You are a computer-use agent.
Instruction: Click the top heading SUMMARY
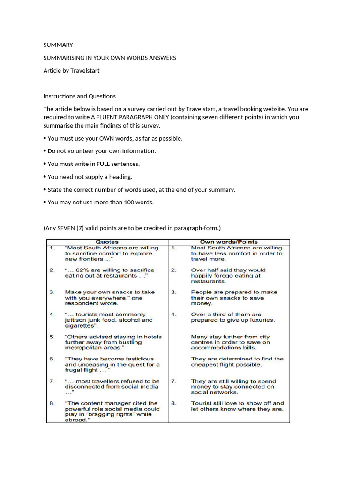click(58, 45)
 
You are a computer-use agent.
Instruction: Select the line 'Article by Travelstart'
click(71, 71)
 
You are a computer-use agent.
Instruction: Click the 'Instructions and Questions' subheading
click(79, 96)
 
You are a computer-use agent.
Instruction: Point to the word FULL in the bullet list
click(106, 164)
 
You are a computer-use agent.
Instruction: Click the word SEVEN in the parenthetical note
click(67, 228)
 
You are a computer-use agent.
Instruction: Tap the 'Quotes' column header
click(107, 242)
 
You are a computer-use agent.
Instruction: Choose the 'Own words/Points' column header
click(229, 242)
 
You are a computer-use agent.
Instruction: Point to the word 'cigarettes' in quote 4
click(81, 325)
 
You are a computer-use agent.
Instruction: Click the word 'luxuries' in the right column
click(258, 320)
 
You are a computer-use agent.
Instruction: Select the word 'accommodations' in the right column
click(216, 348)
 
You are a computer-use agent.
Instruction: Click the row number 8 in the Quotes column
click(52, 403)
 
